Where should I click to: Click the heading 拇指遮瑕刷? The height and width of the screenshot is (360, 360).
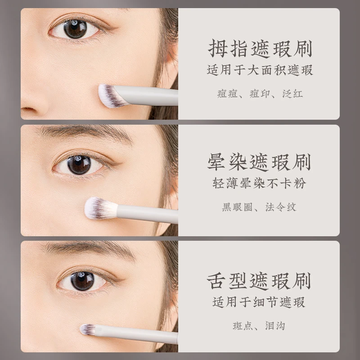pyautogui.click(x=260, y=49)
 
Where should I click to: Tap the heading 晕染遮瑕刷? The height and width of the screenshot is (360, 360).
pyautogui.click(x=259, y=162)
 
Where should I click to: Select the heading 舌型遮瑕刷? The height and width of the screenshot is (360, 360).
pyautogui.click(x=259, y=281)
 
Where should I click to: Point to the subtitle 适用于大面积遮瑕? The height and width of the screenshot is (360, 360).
pyautogui.click(x=260, y=70)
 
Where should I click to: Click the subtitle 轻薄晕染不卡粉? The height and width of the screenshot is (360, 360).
pyautogui.click(x=259, y=183)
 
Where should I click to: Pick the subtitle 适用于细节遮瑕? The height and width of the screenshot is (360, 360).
pyautogui.click(x=259, y=302)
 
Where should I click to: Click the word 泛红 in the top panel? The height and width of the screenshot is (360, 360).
pyautogui.click(x=292, y=94)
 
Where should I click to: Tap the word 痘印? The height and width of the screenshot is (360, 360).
pyautogui.click(x=260, y=94)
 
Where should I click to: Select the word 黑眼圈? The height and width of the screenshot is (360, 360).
pyautogui.click(x=237, y=207)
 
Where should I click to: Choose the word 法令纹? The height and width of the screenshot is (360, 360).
pyautogui.click(x=281, y=207)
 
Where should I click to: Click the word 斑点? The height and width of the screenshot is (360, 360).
pyautogui.click(x=243, y=326)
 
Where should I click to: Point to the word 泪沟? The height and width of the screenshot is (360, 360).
pyautogui.click(x=275, y=326)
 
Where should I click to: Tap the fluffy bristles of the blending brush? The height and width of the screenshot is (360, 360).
pyautogui.click(x=100, y=208)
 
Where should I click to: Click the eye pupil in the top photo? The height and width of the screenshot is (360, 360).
pyautogui.click(x=75, y=29)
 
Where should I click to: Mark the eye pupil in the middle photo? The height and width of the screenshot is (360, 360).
pyautogui.click(x=79, y=165)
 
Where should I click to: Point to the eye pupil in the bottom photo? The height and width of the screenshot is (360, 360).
pyautogui.click(x=82, y=281)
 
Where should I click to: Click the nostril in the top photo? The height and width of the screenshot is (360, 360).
pyautogui.click(x=29, y=109)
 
